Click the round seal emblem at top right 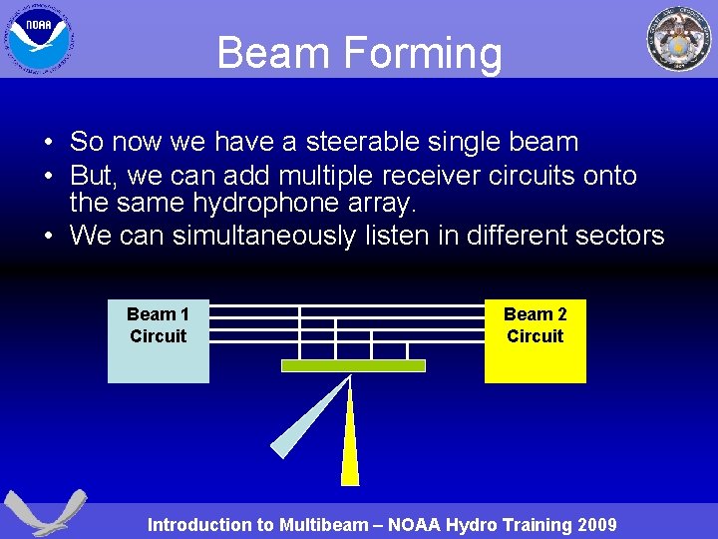[679, 39]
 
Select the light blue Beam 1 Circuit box [159, 341]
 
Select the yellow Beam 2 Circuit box [535, 341]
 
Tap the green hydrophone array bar [353, 366]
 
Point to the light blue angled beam [309, 418]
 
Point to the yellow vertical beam [350, 439]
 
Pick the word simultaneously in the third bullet [306, 237]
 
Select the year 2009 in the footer [596, 525]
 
